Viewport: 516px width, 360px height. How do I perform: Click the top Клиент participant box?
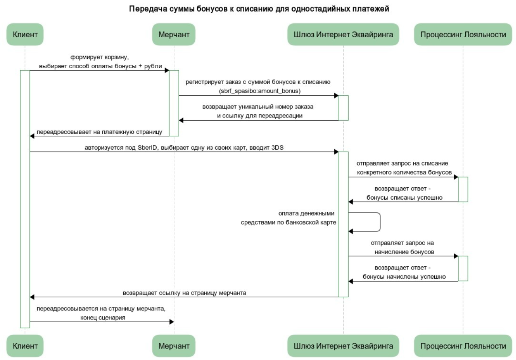(x=25, y=35)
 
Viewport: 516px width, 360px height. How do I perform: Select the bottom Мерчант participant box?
(x=174, y=346)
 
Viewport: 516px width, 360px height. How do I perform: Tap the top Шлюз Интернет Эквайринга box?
(x=343, y=35)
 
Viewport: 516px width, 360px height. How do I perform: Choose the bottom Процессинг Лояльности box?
(x=463, y=346)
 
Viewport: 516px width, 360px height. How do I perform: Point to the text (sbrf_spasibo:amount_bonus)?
(x=260, y=91)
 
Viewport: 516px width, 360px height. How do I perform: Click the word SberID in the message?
(x=147, y=148)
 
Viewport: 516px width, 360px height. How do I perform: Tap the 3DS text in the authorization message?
(x=277, y=148)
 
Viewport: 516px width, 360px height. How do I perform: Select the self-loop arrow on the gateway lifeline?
(x=380, y=222)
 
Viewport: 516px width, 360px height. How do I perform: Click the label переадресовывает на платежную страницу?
(x=99, y=132)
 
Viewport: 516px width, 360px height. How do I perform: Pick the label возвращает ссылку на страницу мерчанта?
(x=184, y=293)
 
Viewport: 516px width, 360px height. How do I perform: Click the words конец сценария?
(x=103, y=318)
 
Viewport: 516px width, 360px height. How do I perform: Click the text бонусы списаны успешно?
(x=404, y=198)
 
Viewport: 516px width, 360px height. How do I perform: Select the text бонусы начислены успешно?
(x=404, y=277)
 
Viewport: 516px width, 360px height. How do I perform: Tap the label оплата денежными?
(x=306, y=213)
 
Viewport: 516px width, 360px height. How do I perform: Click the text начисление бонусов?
(x=404, y=252)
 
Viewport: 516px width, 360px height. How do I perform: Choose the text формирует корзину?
(x=99, y=57)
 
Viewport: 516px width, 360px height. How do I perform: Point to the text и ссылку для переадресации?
(x=260, y=116)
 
